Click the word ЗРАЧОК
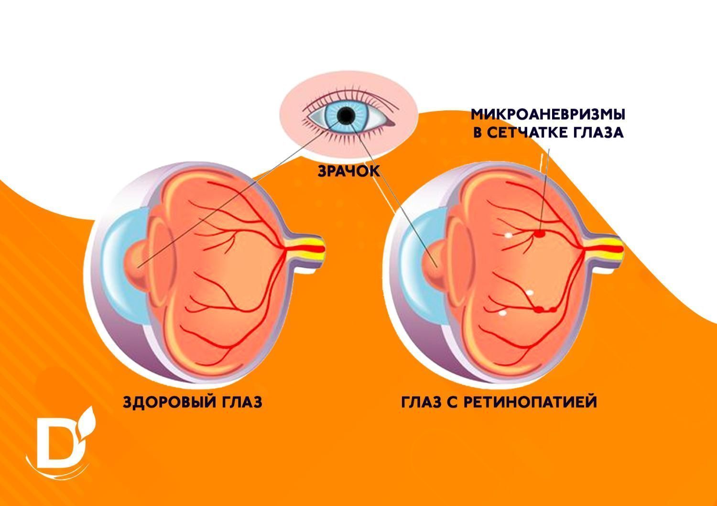(x=348, y=171)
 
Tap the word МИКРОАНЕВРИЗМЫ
(x=548, y=115)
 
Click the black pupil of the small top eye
(x=346, y=115)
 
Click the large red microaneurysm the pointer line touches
(x=540, y=234)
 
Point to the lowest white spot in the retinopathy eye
(x=502, y=314)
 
